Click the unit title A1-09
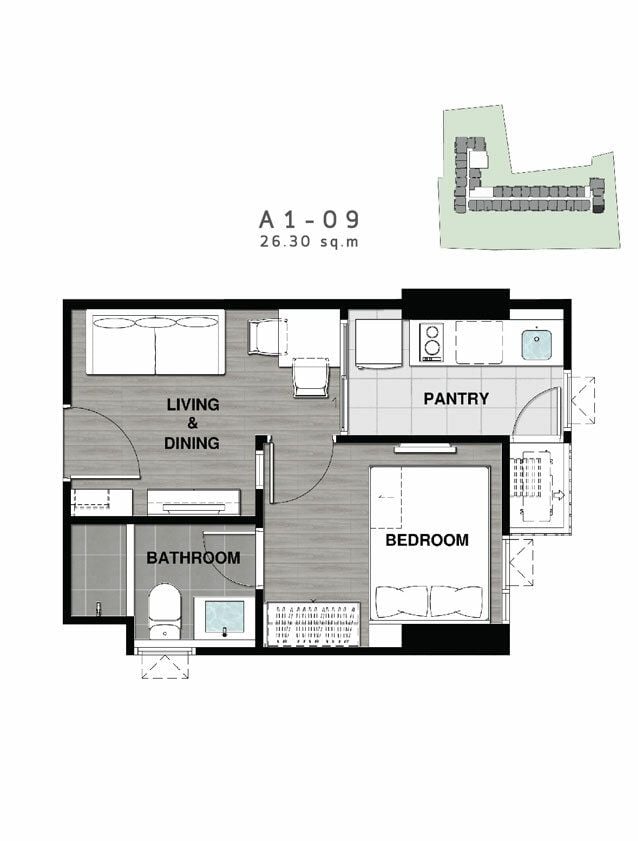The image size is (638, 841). [x=309, y=219]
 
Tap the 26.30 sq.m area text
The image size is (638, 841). [x=309, y=242]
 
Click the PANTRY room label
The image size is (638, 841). [x=456, y=399]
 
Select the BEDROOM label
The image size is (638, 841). [x=427, y=540]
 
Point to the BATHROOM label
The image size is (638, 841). [x=193, y=558]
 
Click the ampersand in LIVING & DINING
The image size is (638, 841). [x=192, y=423]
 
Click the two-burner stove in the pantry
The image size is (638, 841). [x=432, y=342]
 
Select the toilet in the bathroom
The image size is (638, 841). [x=164, y=611]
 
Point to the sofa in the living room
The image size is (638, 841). [x=155, y=344]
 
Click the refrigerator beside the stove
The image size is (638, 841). [x=379, y=344]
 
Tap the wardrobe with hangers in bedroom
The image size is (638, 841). [x=313, y=623]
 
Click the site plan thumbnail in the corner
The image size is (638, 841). [x=530, y=177]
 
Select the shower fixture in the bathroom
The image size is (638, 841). [x=99, y=608]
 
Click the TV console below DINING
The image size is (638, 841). [x=194, y=503]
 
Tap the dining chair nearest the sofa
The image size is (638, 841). [x=263, y=337]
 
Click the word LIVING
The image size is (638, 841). [x=193, y=404]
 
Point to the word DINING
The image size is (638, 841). [x=192, y=443]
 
